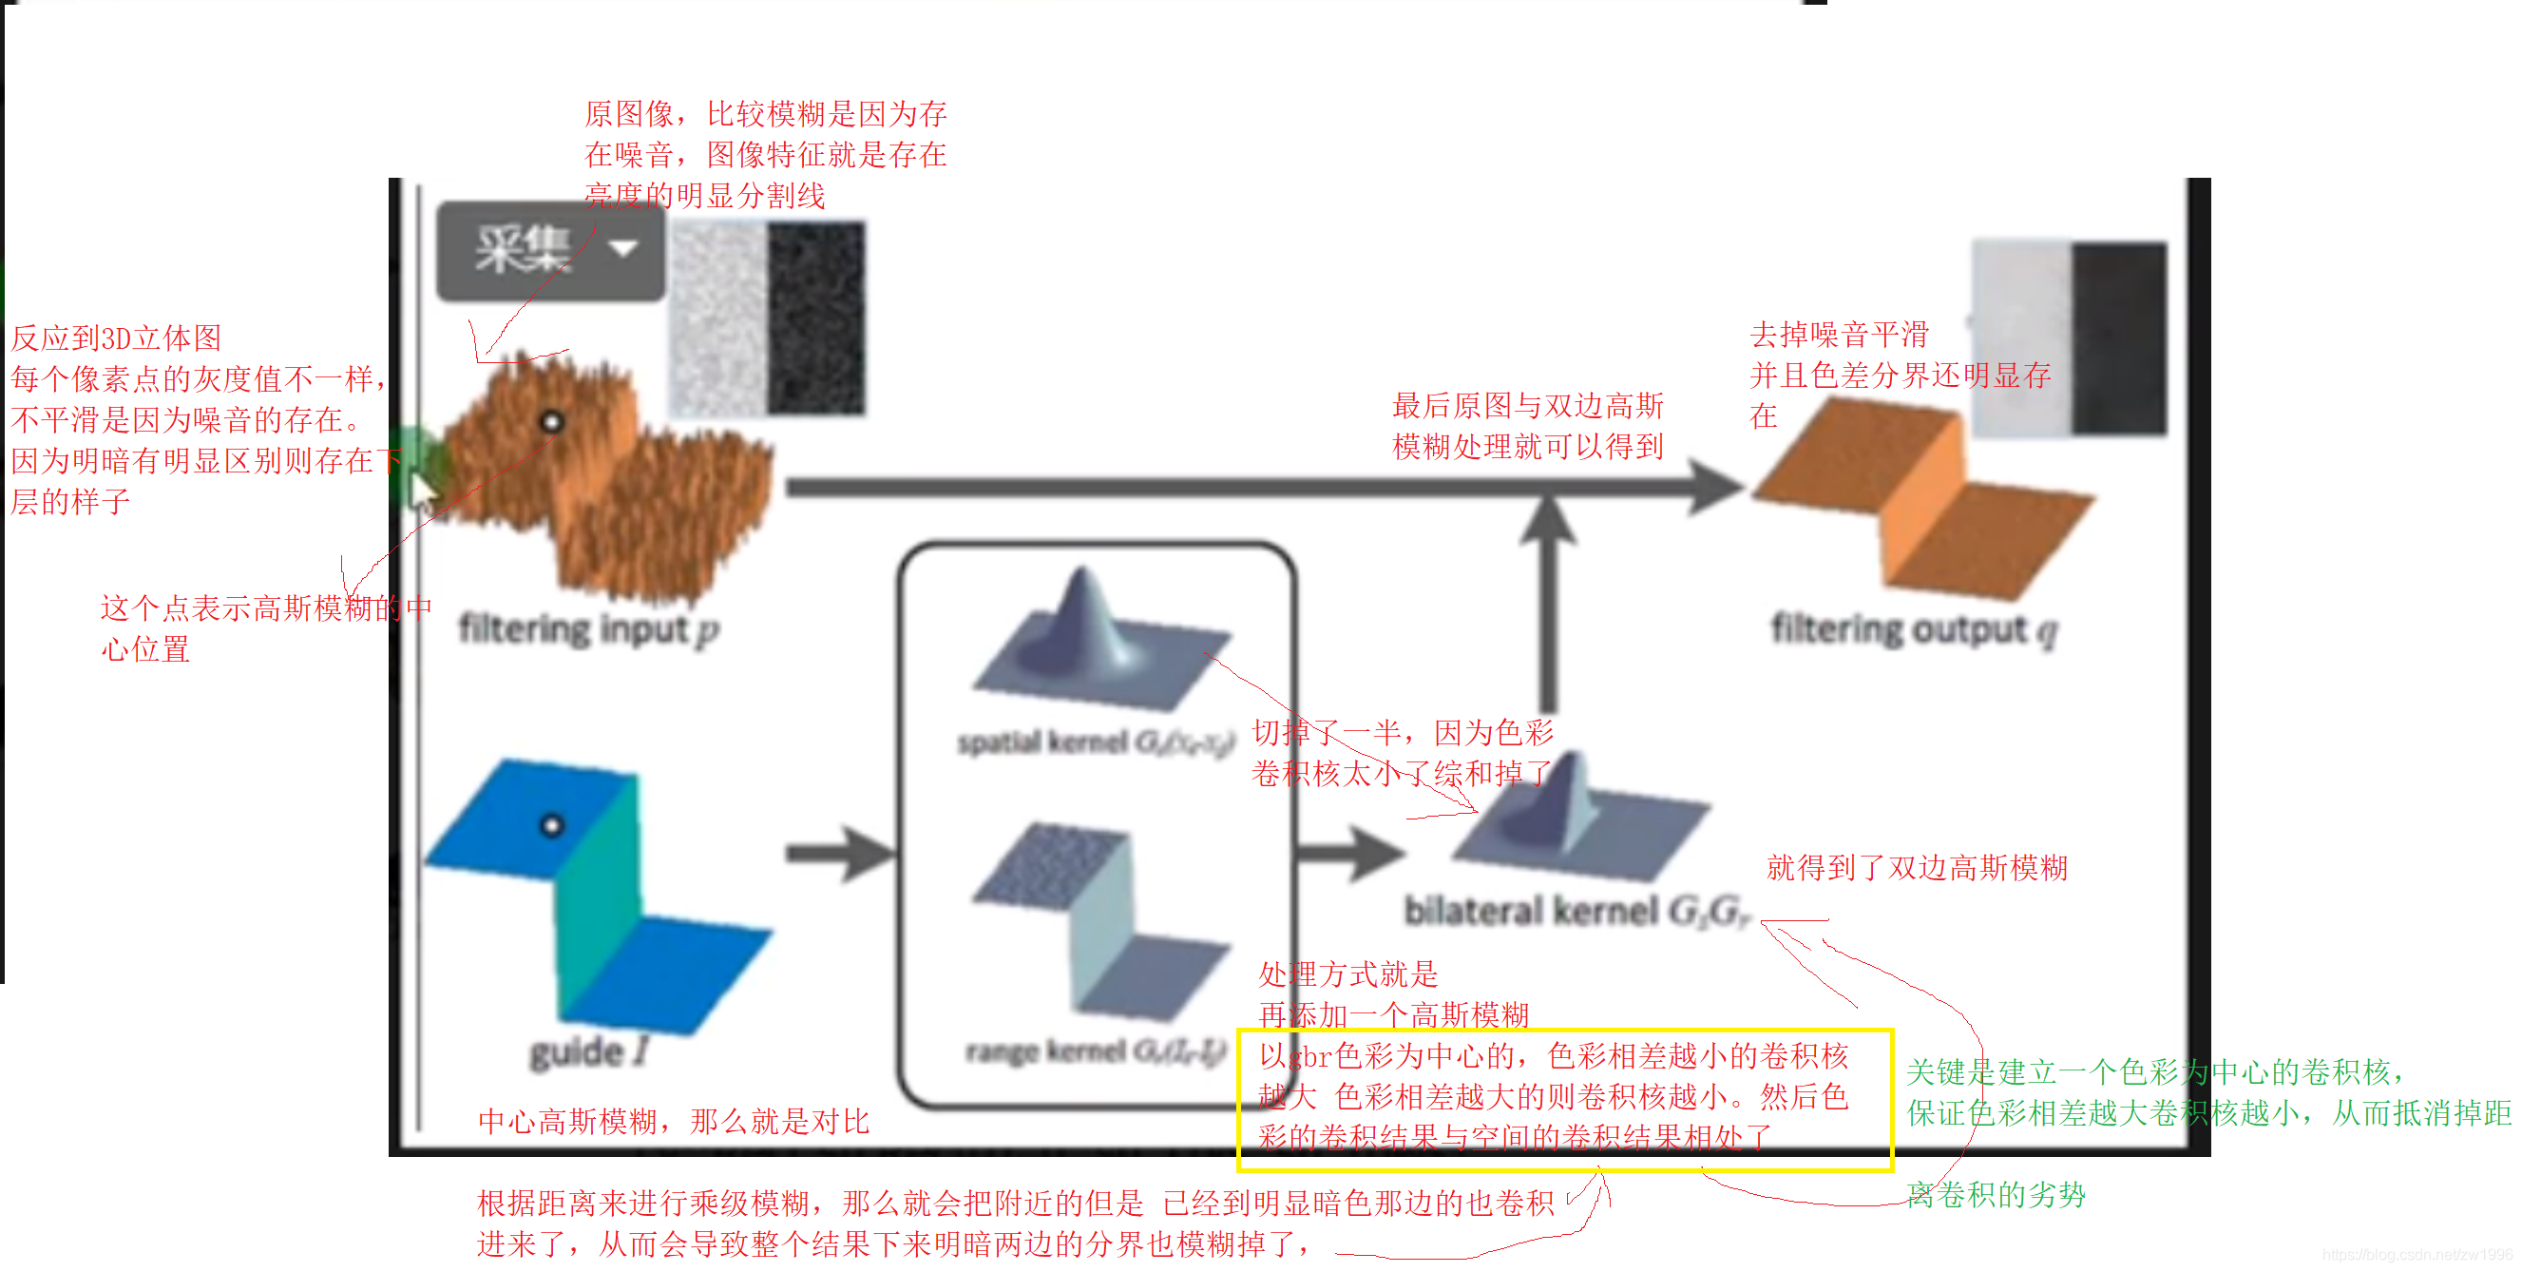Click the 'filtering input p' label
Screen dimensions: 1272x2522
tap(588, 629)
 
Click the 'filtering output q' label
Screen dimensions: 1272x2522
tap(1914, 629)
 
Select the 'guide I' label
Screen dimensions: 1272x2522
tap(588, 1051)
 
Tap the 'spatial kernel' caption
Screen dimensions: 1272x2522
tap(1096, 742)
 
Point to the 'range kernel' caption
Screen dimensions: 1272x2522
tap(1095, 1050)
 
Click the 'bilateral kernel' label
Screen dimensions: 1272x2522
tap(1576, 911)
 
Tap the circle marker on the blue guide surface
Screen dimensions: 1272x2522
tap(552, 825)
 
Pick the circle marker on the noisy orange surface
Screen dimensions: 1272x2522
tap(552, 422)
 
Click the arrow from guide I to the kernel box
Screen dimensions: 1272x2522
tap(840, 854)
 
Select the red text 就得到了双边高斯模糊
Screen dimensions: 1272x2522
tap(1916, 868)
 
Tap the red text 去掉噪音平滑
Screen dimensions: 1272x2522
tap(1838, 335)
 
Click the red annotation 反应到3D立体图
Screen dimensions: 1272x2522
tap(116, 337)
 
